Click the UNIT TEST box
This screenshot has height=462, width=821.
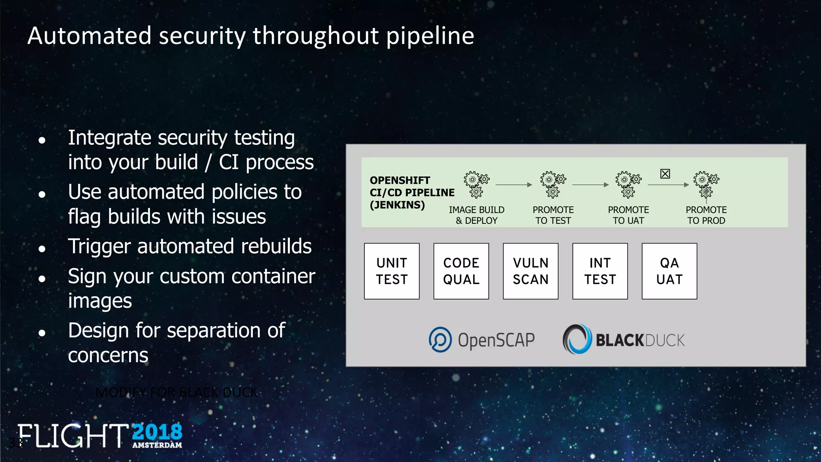point(392,271)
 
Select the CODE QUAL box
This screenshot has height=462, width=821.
point(461,271)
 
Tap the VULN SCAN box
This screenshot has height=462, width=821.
point(530,271)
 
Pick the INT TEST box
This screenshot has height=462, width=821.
point(600,271)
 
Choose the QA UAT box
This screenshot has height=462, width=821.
point(669,271)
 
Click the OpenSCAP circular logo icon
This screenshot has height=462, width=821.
point(440,340)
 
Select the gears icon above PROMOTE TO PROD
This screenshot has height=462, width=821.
point(706,185)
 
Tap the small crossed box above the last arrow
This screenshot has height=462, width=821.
point(665,174)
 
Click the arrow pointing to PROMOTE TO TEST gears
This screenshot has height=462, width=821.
point(514,185)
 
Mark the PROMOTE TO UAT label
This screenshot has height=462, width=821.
point(628,215)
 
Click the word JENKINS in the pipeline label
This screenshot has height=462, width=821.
point(397,205)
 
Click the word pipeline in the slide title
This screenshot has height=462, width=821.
point(430,36)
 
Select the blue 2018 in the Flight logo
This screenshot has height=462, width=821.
point(157,432)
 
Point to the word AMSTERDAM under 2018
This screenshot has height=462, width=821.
point(157,445)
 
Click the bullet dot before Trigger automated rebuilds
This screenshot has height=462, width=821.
point(42,249)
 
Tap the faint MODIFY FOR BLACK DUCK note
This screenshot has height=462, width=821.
point(176,392)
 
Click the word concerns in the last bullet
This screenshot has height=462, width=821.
point(108,355)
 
